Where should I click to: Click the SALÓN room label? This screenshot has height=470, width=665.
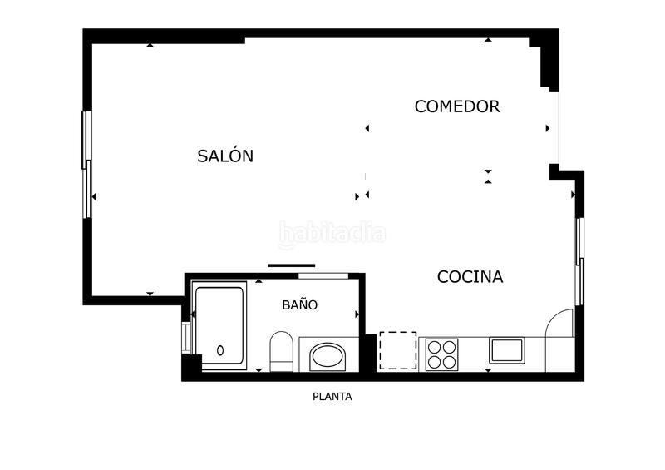225,156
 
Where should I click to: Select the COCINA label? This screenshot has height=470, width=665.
470,277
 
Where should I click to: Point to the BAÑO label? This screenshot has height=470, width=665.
299,305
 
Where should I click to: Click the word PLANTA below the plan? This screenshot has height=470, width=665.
332,397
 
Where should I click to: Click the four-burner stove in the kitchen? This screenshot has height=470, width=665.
442,354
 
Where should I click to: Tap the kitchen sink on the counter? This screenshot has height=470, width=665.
505,349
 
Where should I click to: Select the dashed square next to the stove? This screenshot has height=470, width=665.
397,350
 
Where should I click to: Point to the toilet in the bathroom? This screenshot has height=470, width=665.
281,349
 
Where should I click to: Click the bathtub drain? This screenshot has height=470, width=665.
220,350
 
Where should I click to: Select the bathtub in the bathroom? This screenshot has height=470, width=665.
219,324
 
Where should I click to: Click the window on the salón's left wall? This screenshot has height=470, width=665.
86,164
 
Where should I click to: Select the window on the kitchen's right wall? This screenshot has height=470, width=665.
580,260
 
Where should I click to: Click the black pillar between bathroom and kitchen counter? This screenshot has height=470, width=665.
369,354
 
